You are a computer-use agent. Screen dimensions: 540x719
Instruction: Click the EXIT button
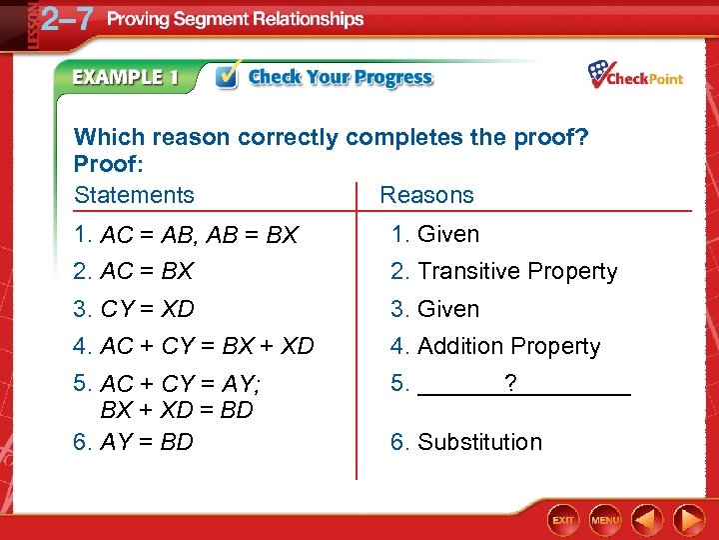point(564,520)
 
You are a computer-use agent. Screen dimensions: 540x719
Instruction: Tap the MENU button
point(605,520)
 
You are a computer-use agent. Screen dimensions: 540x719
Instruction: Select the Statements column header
point(134,195)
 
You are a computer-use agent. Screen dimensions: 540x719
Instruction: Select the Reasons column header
point(426,195)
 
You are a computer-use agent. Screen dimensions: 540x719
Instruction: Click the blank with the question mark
point(523,384)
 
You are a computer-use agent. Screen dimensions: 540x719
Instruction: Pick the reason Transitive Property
point(516,271)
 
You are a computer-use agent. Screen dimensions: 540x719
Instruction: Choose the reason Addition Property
point(508,347)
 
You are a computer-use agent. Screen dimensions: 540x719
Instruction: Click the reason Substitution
point(479,442)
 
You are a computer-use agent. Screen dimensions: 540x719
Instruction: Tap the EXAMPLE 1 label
point(125,78)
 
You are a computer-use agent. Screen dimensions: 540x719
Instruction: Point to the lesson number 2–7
point(66,20)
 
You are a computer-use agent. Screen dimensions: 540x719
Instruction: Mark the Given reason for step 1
point(447,234)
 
